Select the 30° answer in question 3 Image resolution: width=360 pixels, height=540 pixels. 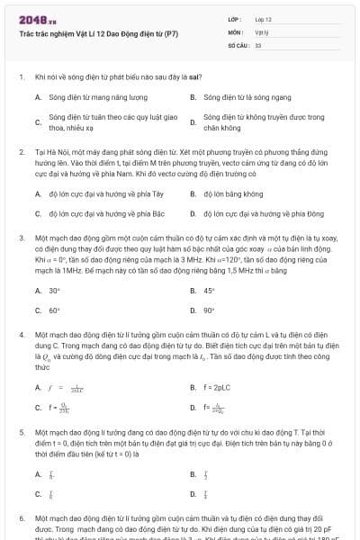point(54,291)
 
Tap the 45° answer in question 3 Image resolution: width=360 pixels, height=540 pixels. point(209,291)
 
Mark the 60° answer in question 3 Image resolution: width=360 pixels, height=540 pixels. point(54,310)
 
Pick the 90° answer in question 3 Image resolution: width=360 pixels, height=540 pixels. point(209,310)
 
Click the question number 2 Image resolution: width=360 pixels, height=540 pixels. point(21,154)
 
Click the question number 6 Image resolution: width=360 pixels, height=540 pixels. point(21,520)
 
